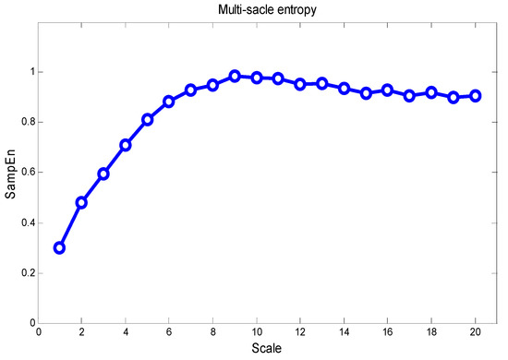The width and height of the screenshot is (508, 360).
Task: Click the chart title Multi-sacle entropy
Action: coord(265,9)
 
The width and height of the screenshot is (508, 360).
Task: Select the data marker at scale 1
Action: coord(59,247)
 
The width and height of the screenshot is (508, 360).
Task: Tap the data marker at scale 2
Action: coord(81,202)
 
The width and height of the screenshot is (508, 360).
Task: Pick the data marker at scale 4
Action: coord(126,145)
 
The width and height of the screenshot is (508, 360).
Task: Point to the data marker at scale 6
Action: coord(169,102)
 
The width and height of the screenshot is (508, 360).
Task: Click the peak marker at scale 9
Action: coord(235,77)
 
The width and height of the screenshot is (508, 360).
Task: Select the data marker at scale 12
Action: coord(300,84)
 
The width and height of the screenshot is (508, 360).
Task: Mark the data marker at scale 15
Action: coord(366,93)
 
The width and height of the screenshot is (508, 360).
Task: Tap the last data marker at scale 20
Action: coord(475,95)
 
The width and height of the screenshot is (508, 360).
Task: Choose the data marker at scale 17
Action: coord(409,95)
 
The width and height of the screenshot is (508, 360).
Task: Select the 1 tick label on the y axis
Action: coord(29,72)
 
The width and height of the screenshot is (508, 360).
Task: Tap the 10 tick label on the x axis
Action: coord(256,333)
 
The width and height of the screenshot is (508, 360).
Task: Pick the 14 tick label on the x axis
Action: coord(344,333)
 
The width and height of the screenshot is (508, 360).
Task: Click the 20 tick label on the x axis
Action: coord(475,333)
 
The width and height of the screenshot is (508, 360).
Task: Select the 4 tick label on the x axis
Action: coord(126,333)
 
